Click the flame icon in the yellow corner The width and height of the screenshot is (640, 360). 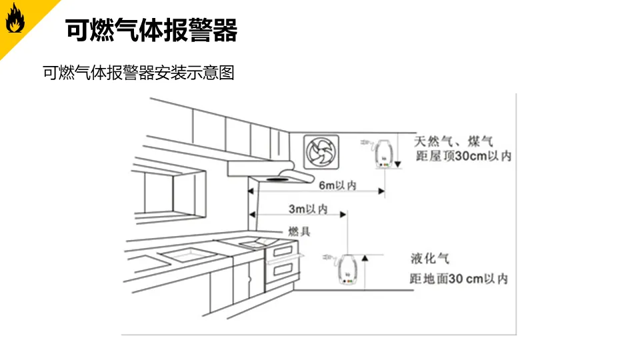pos(14,21)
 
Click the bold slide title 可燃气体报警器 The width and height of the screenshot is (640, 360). pos(151,30)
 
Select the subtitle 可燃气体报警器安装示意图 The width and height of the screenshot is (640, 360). pos(139,73)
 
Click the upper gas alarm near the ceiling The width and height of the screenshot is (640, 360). pos(382,153)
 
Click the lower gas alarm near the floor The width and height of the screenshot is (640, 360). pos(345,270)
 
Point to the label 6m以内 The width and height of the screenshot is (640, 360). pos(337,185)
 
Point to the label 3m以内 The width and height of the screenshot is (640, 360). pos(307,209)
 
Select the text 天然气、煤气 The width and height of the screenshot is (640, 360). pos(453,141)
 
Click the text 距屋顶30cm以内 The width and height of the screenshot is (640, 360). pos(463,157)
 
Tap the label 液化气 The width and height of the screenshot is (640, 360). pos(430,258)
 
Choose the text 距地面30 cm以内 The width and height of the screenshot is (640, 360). pos(459,279)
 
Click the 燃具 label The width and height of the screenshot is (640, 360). pos(299,231)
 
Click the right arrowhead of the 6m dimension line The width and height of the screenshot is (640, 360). pos(382,192)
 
